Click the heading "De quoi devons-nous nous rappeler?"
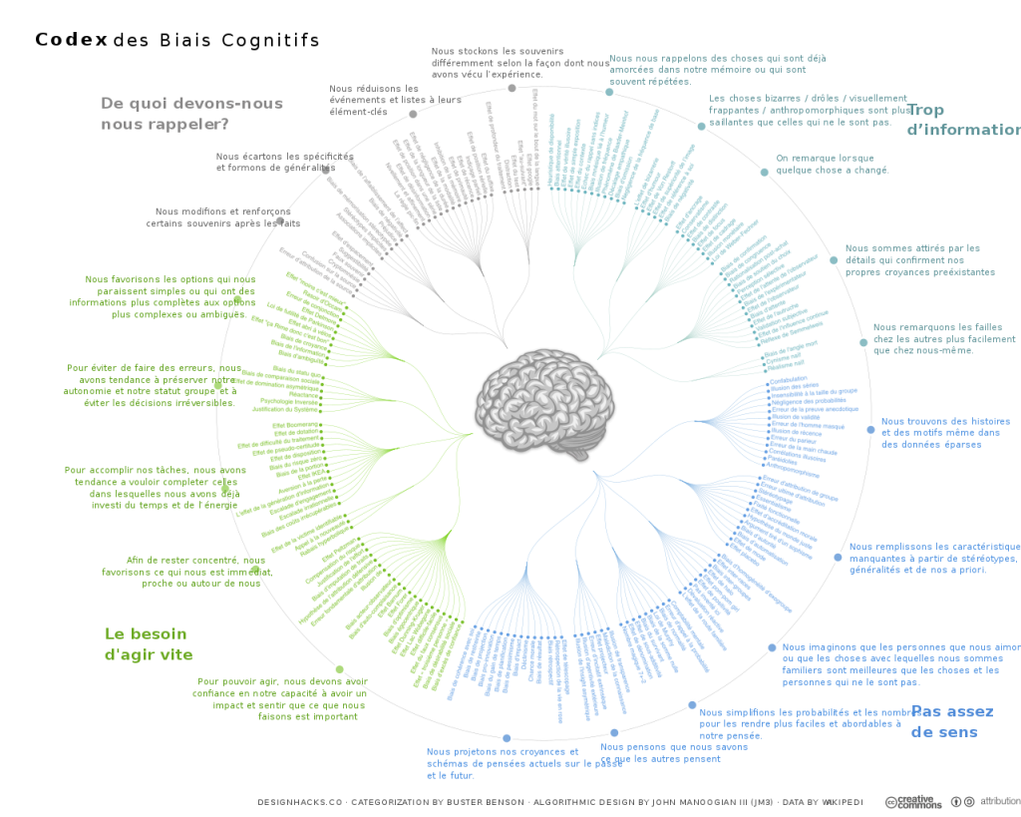click(x=191, y=114)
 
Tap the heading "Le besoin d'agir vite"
click(x=148, y=643)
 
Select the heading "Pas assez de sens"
click(x=951, y=721)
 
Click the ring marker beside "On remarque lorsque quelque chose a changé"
click(x=764, y=172)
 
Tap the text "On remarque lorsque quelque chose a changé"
click(x=832, y=164)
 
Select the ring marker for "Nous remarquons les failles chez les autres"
click(x=863, y=342)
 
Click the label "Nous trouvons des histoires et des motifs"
click(x=944, y=433)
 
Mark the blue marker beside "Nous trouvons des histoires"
click(x=870, y=429)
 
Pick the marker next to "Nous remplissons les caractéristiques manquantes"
click(x=838, y=557)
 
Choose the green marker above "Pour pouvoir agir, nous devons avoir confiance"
click(x=339, y=668)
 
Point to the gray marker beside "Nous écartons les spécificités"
click(x=325, y=169)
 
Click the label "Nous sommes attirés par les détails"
click(x=919, y=259)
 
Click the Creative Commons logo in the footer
click(x=912, y=801)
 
